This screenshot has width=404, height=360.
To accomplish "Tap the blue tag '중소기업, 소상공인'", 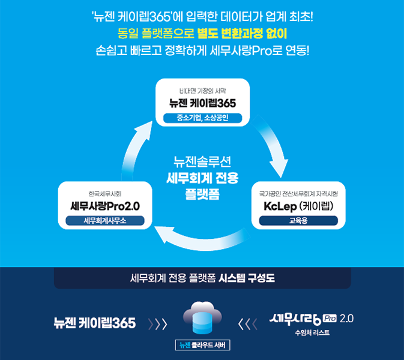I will point(202,118).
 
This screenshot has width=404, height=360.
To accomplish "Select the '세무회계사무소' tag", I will point(106,220).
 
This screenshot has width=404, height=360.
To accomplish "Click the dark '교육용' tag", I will point(298,220).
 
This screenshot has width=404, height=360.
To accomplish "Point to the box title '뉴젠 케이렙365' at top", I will point(202,103).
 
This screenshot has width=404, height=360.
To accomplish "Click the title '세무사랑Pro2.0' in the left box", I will point(106,206).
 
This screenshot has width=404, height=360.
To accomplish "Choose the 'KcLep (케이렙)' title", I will point(298,206).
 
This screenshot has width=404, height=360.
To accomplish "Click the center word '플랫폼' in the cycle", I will point(202,194).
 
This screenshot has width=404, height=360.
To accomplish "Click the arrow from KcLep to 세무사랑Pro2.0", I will point(204,240).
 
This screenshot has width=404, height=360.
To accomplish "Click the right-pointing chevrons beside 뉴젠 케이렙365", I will point(157,324).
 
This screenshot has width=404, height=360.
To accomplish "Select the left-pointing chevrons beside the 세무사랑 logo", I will point(247,324).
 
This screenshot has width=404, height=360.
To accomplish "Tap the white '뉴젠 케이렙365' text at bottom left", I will point(94,323).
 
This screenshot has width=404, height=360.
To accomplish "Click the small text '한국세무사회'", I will point(106,193).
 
